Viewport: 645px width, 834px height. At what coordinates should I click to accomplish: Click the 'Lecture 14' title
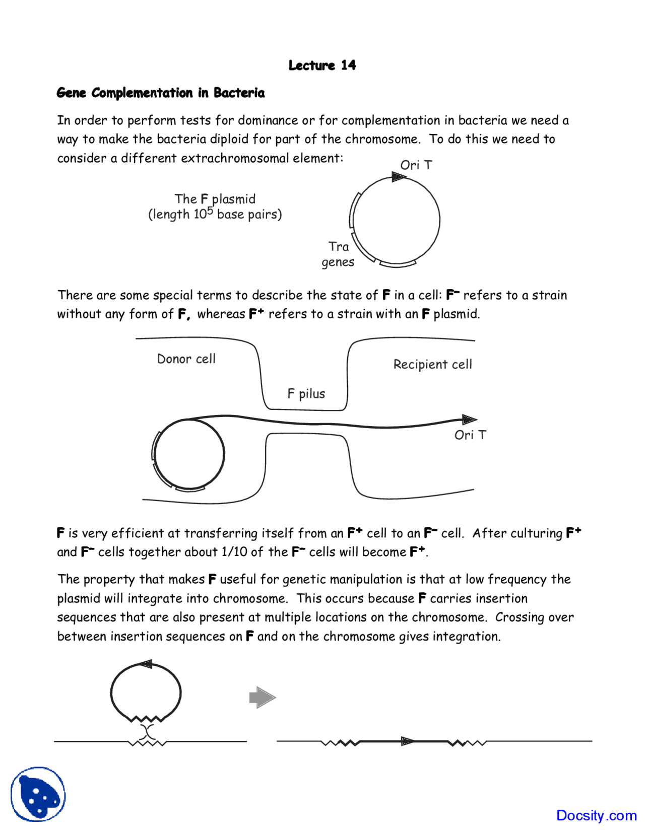pos(322,65)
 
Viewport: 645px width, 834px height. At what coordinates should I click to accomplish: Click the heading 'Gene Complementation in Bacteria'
pos(161,93)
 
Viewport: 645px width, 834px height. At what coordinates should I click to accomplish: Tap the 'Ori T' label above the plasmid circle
pos(416,165)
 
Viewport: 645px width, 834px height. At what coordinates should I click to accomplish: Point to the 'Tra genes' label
pos(338,254)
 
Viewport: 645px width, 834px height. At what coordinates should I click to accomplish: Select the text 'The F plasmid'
pos(215,199)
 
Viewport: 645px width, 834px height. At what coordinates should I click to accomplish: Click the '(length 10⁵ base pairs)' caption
pos(215,215)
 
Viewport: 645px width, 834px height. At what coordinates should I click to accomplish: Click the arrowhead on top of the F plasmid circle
pos(399,177)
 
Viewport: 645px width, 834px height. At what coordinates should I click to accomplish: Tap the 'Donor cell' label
pos(186,359)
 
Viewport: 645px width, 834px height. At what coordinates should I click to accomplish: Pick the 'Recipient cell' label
pos(432,365)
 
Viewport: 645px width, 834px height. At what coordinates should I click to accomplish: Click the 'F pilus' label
pos(306,394)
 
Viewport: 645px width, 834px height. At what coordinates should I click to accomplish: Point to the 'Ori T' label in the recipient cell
pos(470,435)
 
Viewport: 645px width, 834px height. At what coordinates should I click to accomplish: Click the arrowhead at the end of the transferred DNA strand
pos(469,420)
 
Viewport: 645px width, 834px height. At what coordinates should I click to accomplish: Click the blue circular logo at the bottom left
pos(38,794)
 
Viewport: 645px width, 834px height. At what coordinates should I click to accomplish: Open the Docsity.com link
pos(596,815)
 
